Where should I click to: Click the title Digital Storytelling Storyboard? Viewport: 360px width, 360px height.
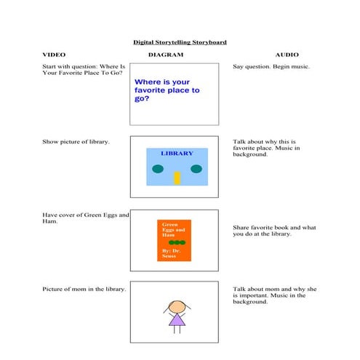(179, 42)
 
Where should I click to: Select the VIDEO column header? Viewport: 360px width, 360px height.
(54, 55)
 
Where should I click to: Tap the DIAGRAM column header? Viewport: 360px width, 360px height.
(166, 55)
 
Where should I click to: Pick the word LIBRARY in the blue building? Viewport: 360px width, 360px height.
(177, 153)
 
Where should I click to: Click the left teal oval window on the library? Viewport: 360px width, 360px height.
(158, 169)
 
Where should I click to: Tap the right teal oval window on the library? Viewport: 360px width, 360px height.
(196, 169)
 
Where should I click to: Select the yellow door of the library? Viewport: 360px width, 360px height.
(177, 177)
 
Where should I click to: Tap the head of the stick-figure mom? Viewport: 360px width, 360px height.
(175, 305)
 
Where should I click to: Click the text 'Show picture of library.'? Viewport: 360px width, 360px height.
(76, 141)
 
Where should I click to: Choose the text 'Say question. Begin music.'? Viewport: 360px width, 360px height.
(271, 68)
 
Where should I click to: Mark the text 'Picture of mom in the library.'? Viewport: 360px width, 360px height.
(84, 289)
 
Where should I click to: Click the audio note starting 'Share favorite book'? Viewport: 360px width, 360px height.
(273, 231)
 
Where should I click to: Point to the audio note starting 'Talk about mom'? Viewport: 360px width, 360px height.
(273, 295)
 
